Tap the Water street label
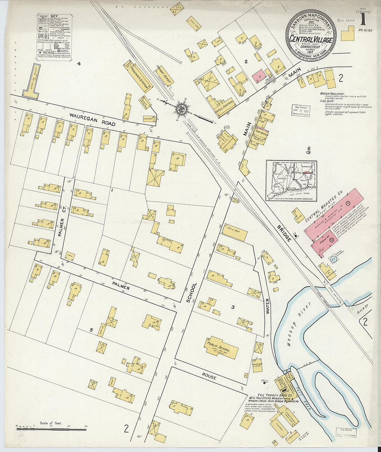coord(267,306)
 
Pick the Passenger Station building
coord(140,78)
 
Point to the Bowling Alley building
coord(32,82)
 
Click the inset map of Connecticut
coord(291,180)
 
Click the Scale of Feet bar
coord(51,429)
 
